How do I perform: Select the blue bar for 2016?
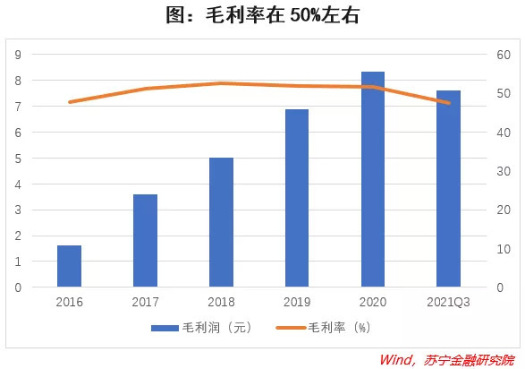coord(69,266)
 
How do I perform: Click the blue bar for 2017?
coord(145,241)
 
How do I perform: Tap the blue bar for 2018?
coord(221,222)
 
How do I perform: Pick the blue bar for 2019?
coord(297,198)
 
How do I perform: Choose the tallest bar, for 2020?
coord(373,179)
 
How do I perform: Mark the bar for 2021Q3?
coord(449,189)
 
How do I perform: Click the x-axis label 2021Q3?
coord(449,302)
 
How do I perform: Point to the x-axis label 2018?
coord(221,302)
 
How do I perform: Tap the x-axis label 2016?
coord(69,302)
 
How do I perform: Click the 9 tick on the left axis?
coord(18,55)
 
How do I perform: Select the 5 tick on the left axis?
coord(18,159)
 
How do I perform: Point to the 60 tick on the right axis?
coord(504,55)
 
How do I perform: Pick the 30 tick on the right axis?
coord(504,171)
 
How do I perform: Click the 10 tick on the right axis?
coord(504,249)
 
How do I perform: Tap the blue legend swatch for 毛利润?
coord(165,328)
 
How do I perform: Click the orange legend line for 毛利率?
coord(291,328)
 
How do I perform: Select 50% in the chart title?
coord(305,15)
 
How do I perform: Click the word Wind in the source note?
coord(396,360)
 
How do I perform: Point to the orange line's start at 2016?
coord(70,102)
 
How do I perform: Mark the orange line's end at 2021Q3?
coord(449,103)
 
